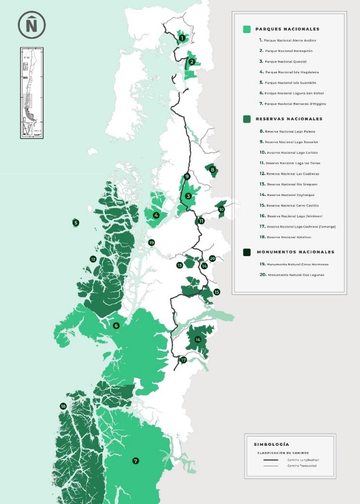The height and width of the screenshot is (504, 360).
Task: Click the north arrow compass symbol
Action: click(x=32, y=25)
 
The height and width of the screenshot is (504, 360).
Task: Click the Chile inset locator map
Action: click(x=32, y=92)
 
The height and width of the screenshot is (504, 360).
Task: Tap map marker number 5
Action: click(x=76, y=223)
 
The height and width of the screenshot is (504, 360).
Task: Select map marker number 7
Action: click(x=135, y=460)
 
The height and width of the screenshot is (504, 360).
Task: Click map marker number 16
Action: click(x=197, y=340)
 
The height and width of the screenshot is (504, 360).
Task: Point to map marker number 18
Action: click(x=63, y=406)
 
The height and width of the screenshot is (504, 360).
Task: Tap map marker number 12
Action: click(x=93, y=259)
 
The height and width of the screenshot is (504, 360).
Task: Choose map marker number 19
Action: click(x=151, y=243)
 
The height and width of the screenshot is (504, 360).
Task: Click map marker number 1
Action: click(x=182, y=37)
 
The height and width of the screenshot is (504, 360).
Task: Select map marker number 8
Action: click(x=213, y=169)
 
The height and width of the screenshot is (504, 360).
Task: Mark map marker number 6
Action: click(x=116, y=325)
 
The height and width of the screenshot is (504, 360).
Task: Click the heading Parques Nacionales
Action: click(x=280, y=29)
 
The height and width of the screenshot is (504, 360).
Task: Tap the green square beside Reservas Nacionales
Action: click(x=247, y=119)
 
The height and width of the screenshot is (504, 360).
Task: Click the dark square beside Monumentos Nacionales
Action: click(x=247, y=252)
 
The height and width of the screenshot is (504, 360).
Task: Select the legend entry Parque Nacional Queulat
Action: click(x=287, y=62)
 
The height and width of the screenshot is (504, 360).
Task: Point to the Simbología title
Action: click(x=271, y=444)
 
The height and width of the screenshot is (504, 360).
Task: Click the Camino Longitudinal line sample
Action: click(x=271, y=459)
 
